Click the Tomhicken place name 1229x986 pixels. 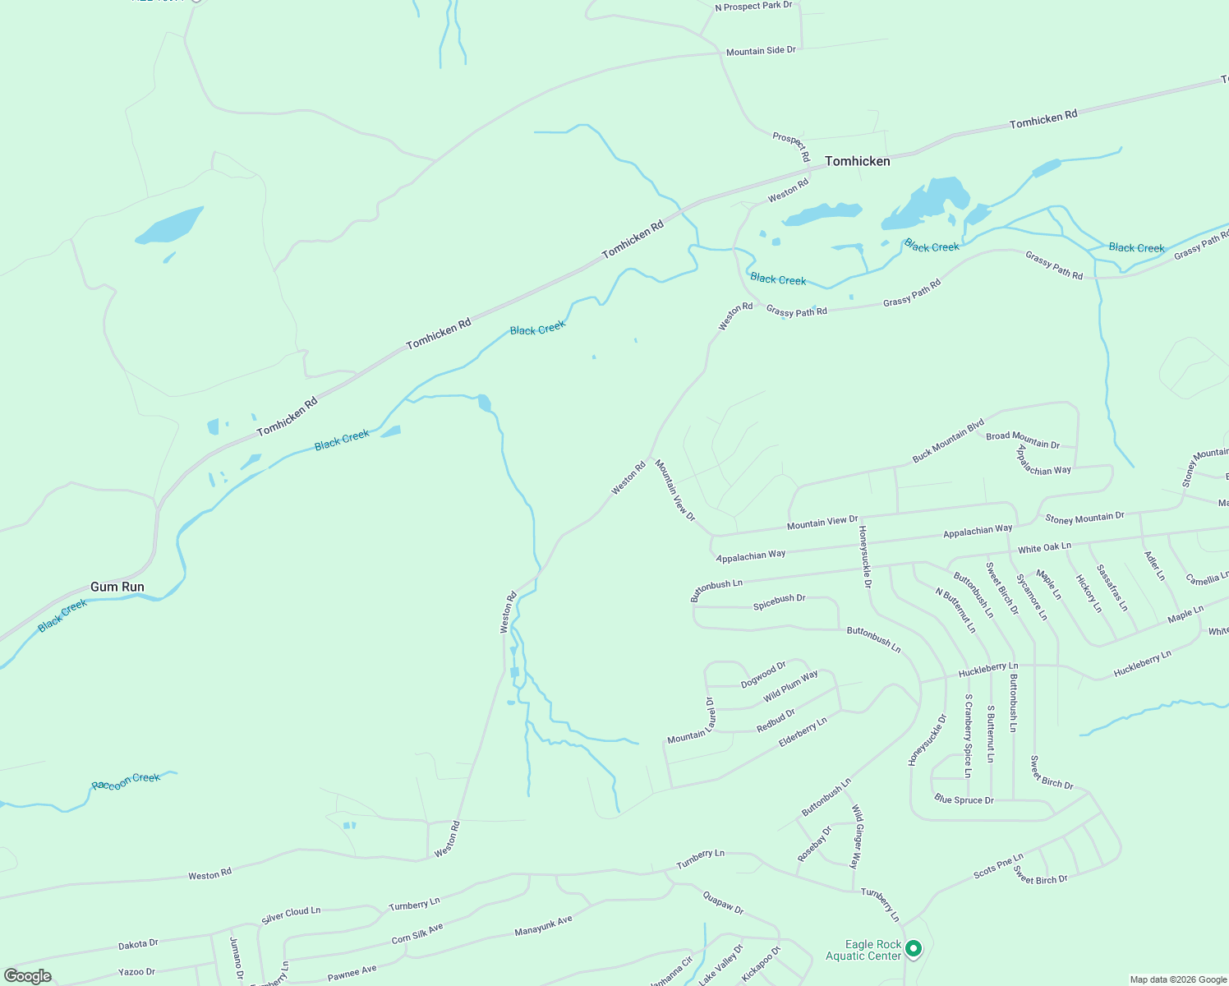click(x=857, y=161)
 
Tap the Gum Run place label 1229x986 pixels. click(x=117, y=587)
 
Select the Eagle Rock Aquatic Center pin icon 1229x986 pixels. click(x=913, y=949)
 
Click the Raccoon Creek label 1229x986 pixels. click(x=126, y=781)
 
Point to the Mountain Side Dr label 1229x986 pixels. click(x=761, y=51)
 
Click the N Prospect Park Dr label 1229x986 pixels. click(x=753, y=7)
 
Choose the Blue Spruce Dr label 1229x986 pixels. click(x=964, y=799)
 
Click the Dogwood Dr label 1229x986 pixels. click(x=763, y=675)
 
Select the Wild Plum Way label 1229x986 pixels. click(x=790, y=686)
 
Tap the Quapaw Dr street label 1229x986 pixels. click(x=723, y=903)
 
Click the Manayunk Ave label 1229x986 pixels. click(x=543, y=926)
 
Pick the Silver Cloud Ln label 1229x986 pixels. click(x=291, y=915)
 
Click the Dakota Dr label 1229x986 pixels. click(x=138, y=944)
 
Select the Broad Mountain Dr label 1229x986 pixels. click(x=1023, y=440)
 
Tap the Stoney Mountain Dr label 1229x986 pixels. click(x=1084, y=518)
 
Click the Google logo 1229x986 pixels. click(x=28, y=976)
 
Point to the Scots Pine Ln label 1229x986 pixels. click(x=998, y=866)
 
